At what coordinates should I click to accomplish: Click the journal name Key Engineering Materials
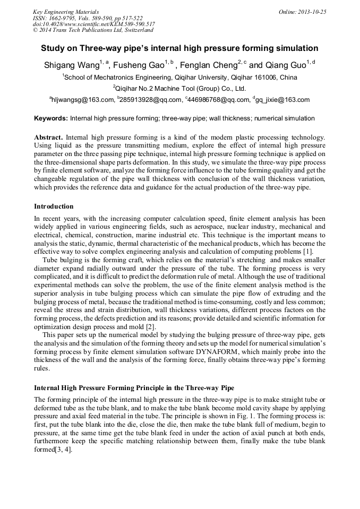(65, 12)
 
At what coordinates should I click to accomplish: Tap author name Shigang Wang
(71, 65)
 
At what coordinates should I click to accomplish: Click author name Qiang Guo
(284, 65)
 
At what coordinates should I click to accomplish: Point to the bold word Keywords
(50, 118)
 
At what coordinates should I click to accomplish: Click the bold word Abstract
(49, 137)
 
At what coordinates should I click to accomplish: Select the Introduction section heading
(54, 206)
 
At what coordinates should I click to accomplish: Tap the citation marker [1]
(308, 251)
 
